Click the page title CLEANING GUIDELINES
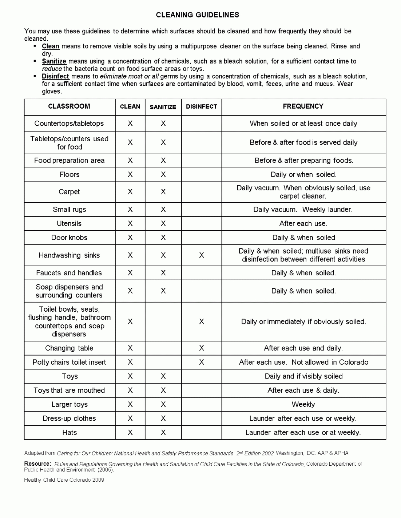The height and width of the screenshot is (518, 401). [197, 15]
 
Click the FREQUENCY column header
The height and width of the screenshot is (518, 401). [303, 106]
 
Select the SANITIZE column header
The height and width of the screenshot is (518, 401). [163, 107]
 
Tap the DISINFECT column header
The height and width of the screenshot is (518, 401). [201, 107]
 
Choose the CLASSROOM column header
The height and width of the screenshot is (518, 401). [69, 106]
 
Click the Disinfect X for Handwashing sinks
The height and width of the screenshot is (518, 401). [202, 255]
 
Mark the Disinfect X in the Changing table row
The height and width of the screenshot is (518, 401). [202, 348]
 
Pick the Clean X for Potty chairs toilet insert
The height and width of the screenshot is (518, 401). [130, 362]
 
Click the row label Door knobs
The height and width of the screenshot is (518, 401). [69, 238]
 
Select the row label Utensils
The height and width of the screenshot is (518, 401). [69, 223]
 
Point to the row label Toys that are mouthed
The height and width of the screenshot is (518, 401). [69, 390]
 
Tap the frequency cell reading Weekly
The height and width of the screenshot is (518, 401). [303, 404]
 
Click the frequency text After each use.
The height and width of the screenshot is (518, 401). [303, 223]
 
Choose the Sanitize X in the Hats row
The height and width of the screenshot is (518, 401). [163, 432]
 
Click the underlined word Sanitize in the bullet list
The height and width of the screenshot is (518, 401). [54, 61]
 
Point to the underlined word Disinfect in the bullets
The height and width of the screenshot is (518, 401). [55, 76]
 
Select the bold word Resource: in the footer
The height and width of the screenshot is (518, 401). [37, 464]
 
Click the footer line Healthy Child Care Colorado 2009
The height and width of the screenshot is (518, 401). [64, 480]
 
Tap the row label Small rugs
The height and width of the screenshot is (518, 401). [69, 209]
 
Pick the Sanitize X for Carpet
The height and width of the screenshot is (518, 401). [163, 192]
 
